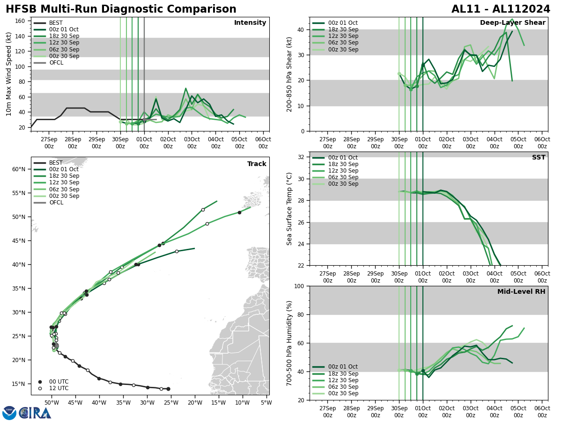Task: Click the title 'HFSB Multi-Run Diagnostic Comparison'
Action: click(121, 9)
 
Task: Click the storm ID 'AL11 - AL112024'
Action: click(501, 9)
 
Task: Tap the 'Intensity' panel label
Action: click(250, 23)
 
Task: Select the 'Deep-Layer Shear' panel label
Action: click(512, 23)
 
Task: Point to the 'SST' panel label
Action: click(539, 158)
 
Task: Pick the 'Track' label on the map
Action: click(257, 164)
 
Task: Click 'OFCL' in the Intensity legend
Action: click(56, 63)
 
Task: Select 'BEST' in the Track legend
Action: click(56, 163)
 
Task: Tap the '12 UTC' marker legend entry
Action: click(59, 388)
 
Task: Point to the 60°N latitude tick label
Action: click(18, 169)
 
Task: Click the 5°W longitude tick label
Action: click(266, 402)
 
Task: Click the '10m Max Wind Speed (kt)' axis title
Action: click(9, 74)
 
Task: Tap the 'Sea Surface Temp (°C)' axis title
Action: click(289, 209)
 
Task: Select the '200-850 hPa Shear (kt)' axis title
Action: click(289, 74)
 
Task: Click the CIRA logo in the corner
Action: click(27, 413)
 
